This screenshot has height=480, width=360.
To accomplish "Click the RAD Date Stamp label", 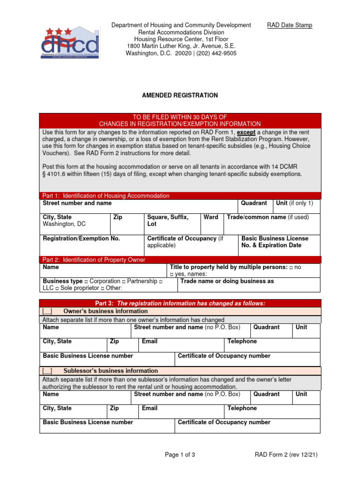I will tap(289, 25).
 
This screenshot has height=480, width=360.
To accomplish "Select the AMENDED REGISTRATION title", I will tap(180, 95).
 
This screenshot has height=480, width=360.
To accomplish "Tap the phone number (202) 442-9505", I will tap(213, 53).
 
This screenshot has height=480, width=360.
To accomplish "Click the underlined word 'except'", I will tap(246, 132).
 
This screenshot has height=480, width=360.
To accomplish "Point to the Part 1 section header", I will tap(106, 195).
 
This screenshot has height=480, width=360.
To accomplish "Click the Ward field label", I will tap(211, 217).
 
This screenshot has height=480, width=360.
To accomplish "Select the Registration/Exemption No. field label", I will tap(82, 239).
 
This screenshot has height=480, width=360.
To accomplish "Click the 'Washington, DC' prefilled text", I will tap(64, 224).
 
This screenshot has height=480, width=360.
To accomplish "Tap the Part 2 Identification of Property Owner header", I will tap(94, 260).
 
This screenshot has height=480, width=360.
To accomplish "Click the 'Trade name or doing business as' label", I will tap(227, 281).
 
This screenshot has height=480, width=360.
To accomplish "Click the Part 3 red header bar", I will tap(180, 303).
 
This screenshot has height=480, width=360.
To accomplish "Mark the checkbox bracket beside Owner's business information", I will tap(47, 311).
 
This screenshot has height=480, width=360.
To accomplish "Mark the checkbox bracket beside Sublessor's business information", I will tap(47, 371).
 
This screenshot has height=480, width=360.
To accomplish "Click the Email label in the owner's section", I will tap(150, 341).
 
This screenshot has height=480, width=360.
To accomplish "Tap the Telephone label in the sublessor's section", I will tap(242, 408).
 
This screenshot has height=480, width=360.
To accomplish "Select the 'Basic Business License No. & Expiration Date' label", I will tap(274, 242).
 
